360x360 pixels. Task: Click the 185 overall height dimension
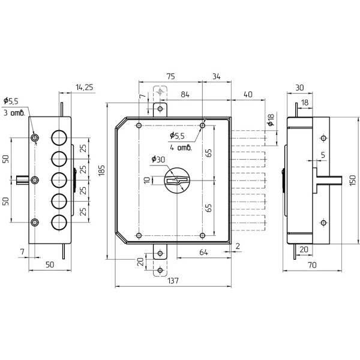(101, 170)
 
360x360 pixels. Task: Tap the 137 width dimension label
(173, 280)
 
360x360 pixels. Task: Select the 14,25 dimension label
(85, 87)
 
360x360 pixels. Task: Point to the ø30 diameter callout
(158, 159)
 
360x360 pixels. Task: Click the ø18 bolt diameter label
(271, 120)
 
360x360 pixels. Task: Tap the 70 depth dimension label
(312, 265)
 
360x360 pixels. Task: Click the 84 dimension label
(185, 94)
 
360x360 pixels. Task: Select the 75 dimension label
(170, 76)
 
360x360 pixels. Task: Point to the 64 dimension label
(203, 252)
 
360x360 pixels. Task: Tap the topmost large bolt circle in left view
(59, 138)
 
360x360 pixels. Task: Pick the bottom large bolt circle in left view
(59, 223)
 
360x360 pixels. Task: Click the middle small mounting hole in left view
(35, 180)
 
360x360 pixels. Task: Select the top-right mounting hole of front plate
(202, 125)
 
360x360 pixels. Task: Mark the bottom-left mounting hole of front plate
(139, 235)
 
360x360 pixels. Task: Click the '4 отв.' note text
(181, 148)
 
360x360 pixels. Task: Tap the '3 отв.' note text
(14, 113)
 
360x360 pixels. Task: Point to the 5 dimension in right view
(323, 155)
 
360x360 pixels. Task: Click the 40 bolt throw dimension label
(248, 94)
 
